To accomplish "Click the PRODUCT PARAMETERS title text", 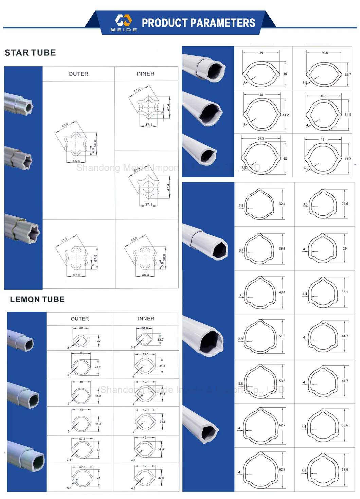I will [x=198, y=23].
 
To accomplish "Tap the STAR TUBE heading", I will [x=30, y=53].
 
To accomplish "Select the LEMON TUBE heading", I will [x=37, y=299].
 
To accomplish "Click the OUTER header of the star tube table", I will [x=78, y=74].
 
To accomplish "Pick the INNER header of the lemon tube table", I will [x=146, y=319].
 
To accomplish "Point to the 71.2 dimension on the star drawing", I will [x=64, y=239].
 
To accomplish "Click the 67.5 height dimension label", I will [x=96, y=258].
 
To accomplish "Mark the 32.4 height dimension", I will [x=282, y=204].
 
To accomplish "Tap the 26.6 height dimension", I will [x=345, y=204].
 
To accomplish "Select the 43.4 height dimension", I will [x=282, y=292].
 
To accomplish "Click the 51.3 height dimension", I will [x=282, y=336].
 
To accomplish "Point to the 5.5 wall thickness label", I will [x=304, y=471].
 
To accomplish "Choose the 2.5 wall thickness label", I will [x=241, y=206].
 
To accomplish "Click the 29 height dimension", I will [x=345, y=249].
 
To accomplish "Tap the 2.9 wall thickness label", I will [x=240, y=339].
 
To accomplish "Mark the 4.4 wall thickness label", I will [x=304, y=294].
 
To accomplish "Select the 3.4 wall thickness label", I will [x=241, y=250].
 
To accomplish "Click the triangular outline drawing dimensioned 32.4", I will [x=259, y=204].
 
